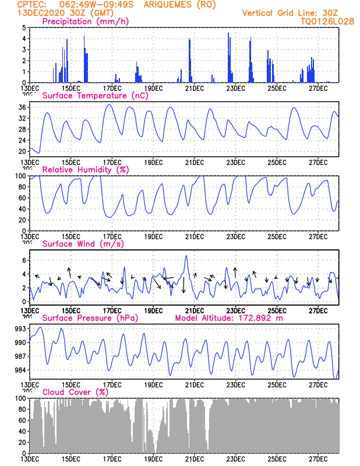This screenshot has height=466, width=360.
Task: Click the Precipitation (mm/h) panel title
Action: (86, 22)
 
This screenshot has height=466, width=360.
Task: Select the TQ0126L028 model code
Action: (327, 21)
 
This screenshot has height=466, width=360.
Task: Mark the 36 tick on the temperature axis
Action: (22, 107)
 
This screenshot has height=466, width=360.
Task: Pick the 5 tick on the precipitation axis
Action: (24, 27)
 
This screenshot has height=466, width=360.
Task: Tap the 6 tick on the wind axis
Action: (24, 260)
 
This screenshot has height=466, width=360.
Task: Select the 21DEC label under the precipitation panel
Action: (195, 88)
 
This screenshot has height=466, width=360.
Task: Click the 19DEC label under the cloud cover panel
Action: (153, 459)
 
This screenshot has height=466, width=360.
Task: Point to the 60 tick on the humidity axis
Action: (22, 198)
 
